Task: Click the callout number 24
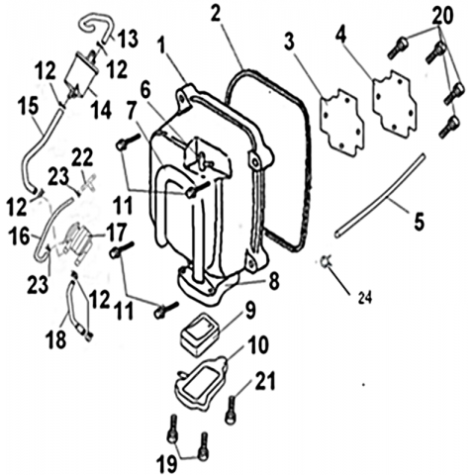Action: pos(365,298)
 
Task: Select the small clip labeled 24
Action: pos(326,262)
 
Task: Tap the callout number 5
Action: pos(419,221)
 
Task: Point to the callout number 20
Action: pos(442,16)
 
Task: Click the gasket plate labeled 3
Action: pos(343,123)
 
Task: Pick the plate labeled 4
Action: pos(395,104)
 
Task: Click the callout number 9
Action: pos(249,311)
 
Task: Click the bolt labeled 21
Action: pos(231,410)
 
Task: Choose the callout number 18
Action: pos(56,338)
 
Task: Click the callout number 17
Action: pos(116,233)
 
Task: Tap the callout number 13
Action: pos(128,39)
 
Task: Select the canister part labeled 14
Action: pos(82,74)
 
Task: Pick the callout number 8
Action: pos(274,281)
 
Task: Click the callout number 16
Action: pos(19,237)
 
